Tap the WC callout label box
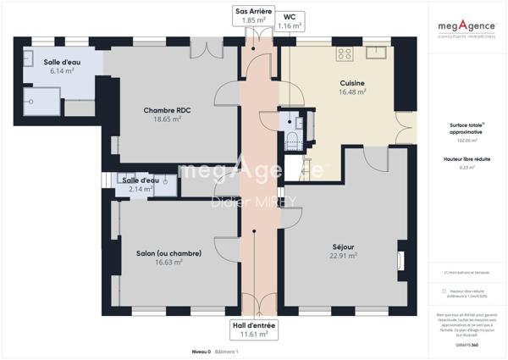tap(290, 20)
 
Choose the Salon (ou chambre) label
tap(168, 253)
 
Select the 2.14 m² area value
tap(141, 189)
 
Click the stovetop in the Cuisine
tap(345, 53)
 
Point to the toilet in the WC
tap(292, 139)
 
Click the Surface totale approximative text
tap(467, 128)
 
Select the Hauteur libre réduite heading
tap(467, 159)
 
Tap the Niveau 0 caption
tap(201, 351)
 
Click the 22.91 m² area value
tap(344, 255)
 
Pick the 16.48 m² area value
tap(352, 91)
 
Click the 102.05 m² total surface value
tap(467, 141)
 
